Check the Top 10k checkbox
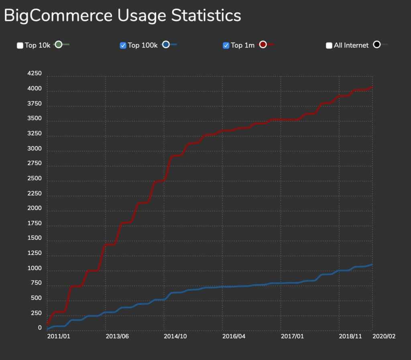coord(20,45)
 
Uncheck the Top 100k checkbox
coord(123,45)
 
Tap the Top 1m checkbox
coord(226,45)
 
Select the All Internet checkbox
coord(329,45)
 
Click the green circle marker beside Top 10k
coord(59,44)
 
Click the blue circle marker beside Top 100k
coord(166,44)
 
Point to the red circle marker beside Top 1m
coord(263,44)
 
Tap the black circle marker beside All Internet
coord(376,44)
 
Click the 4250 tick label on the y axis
coord(34,74)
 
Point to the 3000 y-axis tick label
coord(34,149)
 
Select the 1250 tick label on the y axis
coord(34,253)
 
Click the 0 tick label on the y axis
coord(40,328)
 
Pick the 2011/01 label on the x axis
coord(59,336)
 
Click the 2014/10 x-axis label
coord(176,336)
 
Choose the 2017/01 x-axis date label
coord(292,336)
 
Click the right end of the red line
coord(372,87)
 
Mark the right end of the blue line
coord(372,264)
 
